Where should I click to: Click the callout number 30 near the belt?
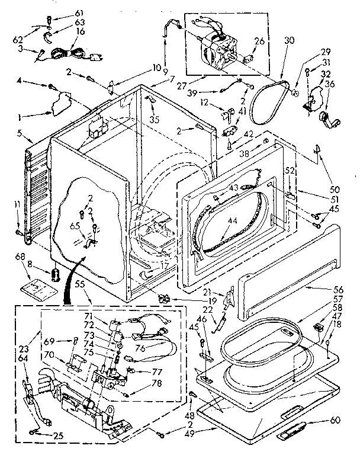[288, 41]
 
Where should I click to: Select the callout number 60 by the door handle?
[335, 421]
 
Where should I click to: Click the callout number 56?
[337, 290]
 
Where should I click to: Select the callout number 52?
[290, 171]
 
